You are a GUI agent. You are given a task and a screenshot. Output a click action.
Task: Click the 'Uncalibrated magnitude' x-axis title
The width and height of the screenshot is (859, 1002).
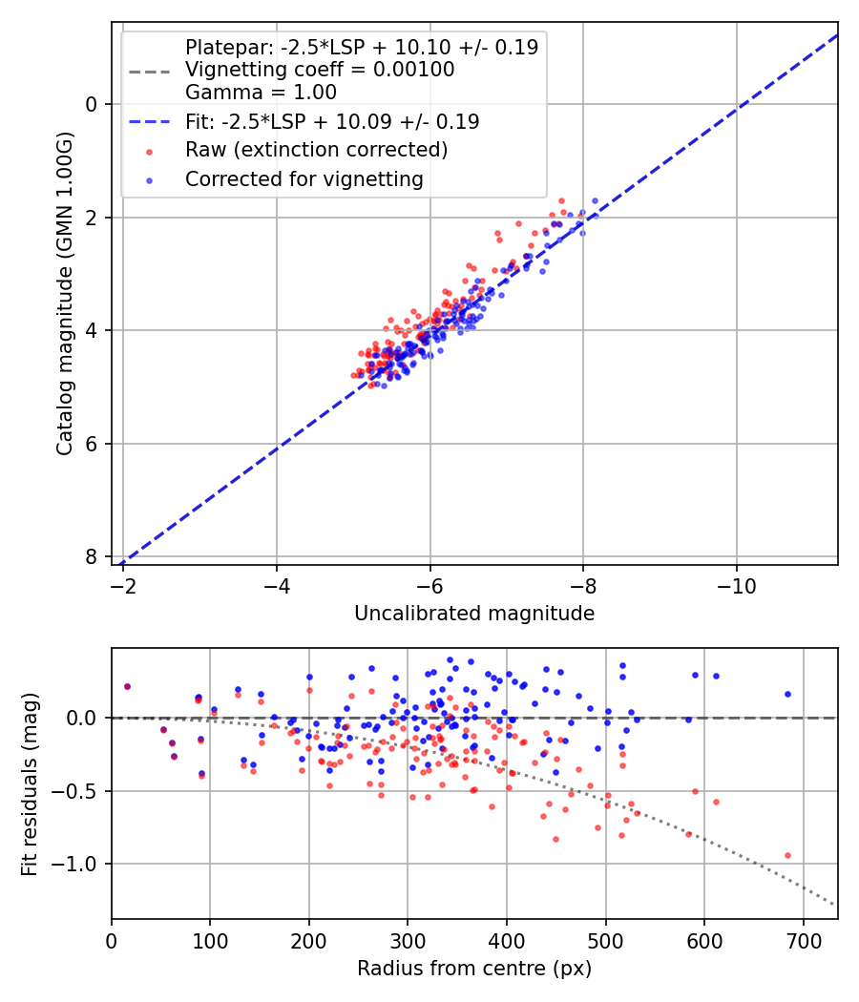point(474,614)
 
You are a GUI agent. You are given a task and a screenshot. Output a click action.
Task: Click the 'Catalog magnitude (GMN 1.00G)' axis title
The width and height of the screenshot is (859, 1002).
point(64,293)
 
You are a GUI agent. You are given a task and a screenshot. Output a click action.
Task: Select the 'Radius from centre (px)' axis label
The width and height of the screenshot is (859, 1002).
point(474,969)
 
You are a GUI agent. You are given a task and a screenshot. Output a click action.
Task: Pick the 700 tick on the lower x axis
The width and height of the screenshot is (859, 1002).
point(803,939)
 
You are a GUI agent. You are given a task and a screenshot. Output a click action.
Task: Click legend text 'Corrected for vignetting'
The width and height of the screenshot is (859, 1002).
point(304,178)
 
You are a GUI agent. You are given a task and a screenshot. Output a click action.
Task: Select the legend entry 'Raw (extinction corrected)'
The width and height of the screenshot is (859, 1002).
point(316,150)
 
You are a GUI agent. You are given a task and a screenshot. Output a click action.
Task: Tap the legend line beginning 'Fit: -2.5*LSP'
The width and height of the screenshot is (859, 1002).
point(331,122)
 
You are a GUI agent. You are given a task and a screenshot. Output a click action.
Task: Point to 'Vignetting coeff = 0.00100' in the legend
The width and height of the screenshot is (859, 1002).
point(320,70)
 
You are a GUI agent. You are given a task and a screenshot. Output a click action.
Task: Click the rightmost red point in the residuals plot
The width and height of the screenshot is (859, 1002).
point(787,855)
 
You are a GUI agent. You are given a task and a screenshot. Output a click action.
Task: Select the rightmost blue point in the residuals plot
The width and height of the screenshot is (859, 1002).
point(787,694)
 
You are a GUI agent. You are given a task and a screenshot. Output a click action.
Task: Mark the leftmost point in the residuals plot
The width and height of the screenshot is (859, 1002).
point(127,686)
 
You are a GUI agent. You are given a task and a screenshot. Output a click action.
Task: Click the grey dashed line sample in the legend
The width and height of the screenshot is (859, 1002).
point(149,71)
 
